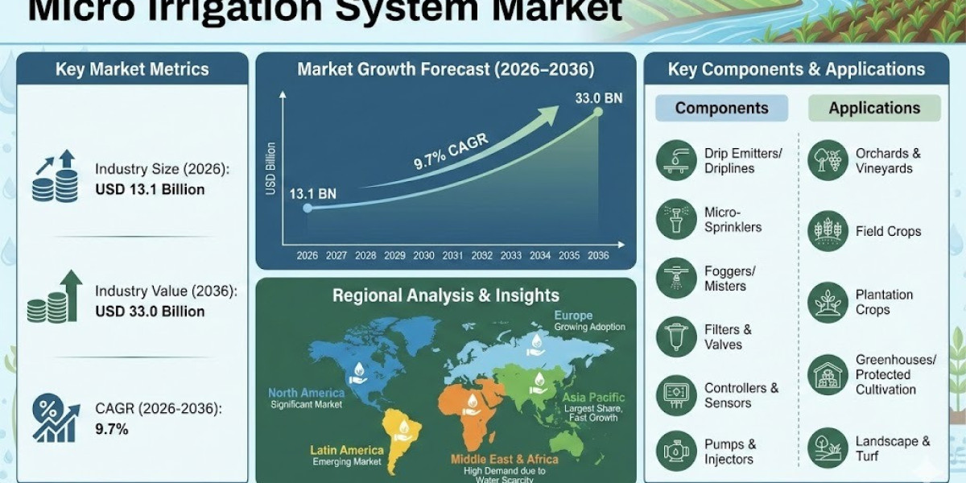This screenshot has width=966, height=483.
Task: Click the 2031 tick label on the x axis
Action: pyautogui.click(x=452, y=255)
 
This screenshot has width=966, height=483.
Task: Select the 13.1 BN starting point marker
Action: pyautogui.click(x=307, y=208)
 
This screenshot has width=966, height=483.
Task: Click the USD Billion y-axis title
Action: pyautogui.click(x=270, y=168)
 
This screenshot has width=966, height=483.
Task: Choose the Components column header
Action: pyautogui.click(x=721, y=108)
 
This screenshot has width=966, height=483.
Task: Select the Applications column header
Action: pyautogui.click(x=874, y=108)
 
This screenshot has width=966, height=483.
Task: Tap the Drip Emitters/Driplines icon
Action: pyautogui.click(x=676, y=160)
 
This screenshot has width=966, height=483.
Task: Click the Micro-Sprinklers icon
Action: pyautogui.click(x=676, y=219)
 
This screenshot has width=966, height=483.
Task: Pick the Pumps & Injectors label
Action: pyautogui.click(x=730, y=452)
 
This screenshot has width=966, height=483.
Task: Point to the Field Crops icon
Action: pyautogui.click(x=828, y=231)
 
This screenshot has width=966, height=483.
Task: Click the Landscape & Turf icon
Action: pyautogui.click(x=828, y=448)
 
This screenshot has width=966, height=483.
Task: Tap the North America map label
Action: pyautogui.click(x=306, y=393)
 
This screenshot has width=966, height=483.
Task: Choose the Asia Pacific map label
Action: pyautogui.click(x=593, y=398)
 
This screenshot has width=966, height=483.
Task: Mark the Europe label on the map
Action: pyautogui.click(x=573, y=316)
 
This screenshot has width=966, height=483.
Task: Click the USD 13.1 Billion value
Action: pyautogui.click(x=150, y=190)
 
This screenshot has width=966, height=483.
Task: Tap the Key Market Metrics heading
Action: pyautogui.click(x=132, y=69)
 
